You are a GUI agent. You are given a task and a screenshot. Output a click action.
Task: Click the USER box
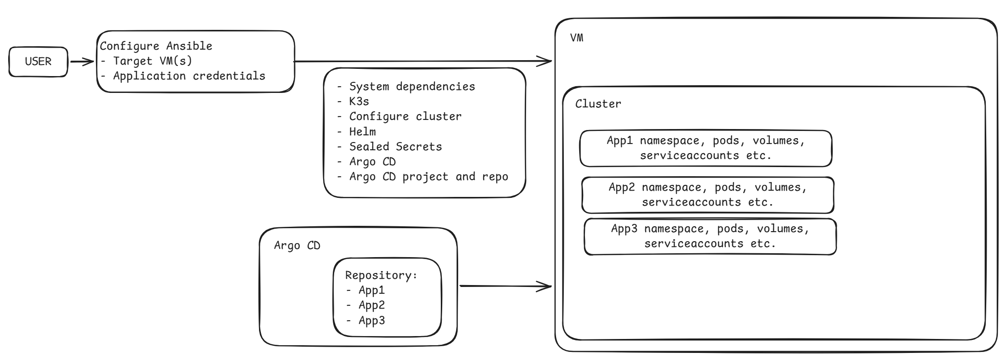point(38,62)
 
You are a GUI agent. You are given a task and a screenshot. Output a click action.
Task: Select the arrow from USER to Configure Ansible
point(82,62)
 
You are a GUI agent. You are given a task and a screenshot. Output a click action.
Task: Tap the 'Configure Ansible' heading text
point(156,46)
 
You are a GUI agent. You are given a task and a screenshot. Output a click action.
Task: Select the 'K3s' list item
point(359,102)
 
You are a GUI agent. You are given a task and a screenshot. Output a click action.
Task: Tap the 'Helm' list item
point(362,131)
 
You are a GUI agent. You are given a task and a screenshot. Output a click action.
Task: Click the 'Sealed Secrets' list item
point(395,147)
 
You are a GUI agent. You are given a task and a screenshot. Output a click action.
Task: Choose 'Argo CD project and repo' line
point(428,177)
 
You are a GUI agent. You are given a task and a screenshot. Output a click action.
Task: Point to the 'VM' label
point(577,38)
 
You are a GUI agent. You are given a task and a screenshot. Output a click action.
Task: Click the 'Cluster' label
point(598,104)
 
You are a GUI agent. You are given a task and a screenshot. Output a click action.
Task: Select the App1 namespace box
point(706,148)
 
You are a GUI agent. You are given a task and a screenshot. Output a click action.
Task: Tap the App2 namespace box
point(707,195)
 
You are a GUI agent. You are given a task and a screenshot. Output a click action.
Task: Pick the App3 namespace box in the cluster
point(710,236)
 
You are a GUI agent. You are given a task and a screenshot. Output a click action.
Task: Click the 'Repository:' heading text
point(381,275)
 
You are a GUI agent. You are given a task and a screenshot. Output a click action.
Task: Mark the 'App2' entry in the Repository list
point(371,305)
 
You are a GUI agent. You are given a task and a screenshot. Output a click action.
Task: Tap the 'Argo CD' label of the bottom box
point(297,246)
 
